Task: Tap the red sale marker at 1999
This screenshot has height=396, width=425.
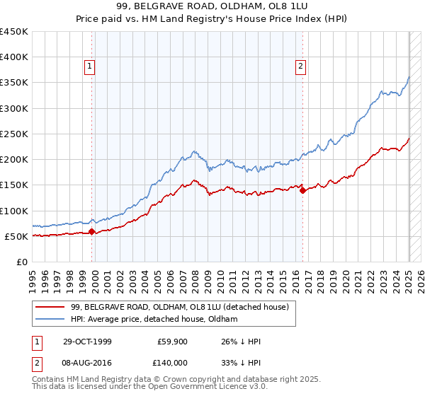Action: pyautogui.click(x=92, y=231)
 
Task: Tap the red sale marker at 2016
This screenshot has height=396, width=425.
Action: pyautogui.click(x=302, y=190)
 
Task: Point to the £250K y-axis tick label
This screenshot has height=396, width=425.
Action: pyautogui.click(x=15, y=134)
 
